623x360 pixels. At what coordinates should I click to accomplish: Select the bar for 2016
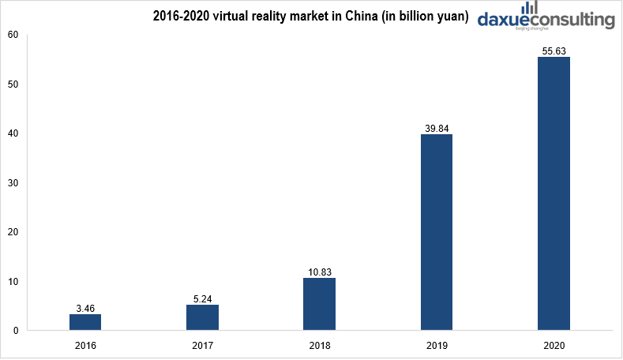point(85,322)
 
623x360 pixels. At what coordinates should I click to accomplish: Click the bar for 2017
point(202,317)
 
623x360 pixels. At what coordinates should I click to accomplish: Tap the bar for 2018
point(319,304)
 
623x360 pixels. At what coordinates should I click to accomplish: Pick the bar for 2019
point(437,232)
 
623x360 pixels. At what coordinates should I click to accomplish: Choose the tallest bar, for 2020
point(554,193)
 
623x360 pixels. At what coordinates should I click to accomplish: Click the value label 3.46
point(85,308)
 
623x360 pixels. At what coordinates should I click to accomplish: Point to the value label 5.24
point(202,298)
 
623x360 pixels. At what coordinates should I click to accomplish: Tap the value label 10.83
point(319,272)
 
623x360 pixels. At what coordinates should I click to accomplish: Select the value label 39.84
point(437,128)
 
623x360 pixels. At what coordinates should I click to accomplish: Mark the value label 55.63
point(554,51)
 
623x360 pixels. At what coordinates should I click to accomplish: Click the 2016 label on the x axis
point(85,346)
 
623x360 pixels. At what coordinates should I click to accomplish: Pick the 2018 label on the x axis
point(319,346)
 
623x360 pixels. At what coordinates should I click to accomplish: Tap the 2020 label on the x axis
point(554,346)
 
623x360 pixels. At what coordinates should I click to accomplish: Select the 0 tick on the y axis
point(15,331)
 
